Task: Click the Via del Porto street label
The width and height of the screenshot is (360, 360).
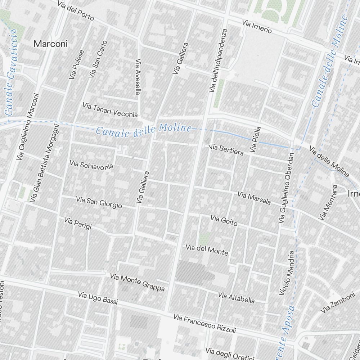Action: pyautogui.click(x=76, y=11)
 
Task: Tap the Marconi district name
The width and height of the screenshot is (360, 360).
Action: pyautogui.click(x=50, y=44)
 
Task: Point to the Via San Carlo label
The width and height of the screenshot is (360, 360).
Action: pyautogui.click(x=98, y=59)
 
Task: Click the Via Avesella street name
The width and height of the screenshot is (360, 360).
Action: pyautogui.click(x=138, y=77)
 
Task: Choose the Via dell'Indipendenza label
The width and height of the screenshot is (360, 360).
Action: pyautogui.click(x=218, y=60)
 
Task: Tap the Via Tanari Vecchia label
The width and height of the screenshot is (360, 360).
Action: pyautogui.click(x=110, y=110)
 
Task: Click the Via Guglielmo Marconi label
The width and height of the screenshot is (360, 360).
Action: pyautogui.click(x=27, y=127)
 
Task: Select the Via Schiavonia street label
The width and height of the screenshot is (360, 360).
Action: pyautogui.click(x=91, y=165)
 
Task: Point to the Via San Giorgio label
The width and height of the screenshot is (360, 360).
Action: pyautogui.click(x=99, y=202)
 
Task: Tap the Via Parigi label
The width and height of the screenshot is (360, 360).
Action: pyautogui.click(x=78, y=223)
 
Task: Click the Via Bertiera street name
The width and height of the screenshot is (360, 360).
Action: pyautogui.click(x=226, y=150)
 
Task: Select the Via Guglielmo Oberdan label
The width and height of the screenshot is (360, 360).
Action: pyautogui.click(x=287, y=188)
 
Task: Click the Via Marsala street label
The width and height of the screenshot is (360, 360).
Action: pyautogui.click(x=254, y=198)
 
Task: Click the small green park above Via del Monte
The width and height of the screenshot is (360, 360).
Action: pyautogui.click(x=204, y=237)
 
